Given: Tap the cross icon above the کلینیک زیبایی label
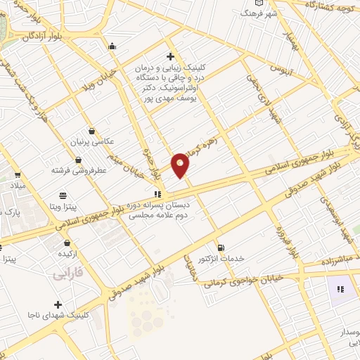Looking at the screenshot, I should pyautogui.click(x=169, y=56).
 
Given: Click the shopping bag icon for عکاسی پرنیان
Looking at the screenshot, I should pyautogui.click(x=92, y=130).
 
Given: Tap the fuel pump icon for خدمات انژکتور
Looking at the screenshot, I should pyautogui.click(x=222, y=247).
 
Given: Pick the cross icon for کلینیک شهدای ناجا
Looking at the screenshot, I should pyautogui.click(x=57, y=304).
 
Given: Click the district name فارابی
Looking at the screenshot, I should pyautogui.click(x=68, y=274).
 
